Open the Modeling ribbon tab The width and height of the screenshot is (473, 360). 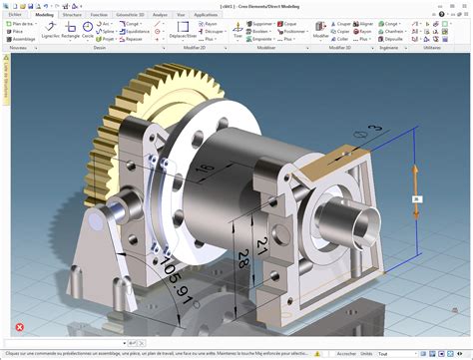(44, 16)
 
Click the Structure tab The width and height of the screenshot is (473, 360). (72, 16)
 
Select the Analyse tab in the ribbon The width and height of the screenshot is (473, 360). (161, 16)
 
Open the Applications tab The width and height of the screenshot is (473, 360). (207, 16)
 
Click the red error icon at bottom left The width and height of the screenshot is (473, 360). (18, 326)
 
